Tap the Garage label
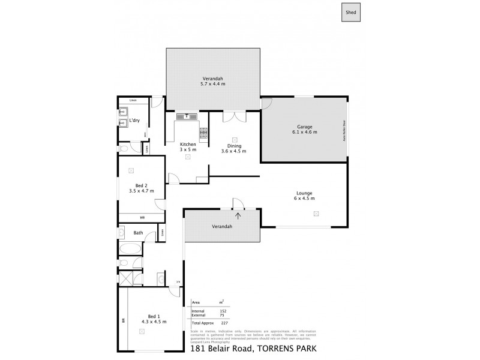304,127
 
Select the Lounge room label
303,193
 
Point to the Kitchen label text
188,144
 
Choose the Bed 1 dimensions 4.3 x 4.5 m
153,322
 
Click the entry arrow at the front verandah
238,216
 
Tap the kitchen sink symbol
187,116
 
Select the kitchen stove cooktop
203,134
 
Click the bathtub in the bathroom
130,247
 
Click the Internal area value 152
222,311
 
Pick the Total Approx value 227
222,323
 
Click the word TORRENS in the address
277,348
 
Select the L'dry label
135,121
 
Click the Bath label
138,232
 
